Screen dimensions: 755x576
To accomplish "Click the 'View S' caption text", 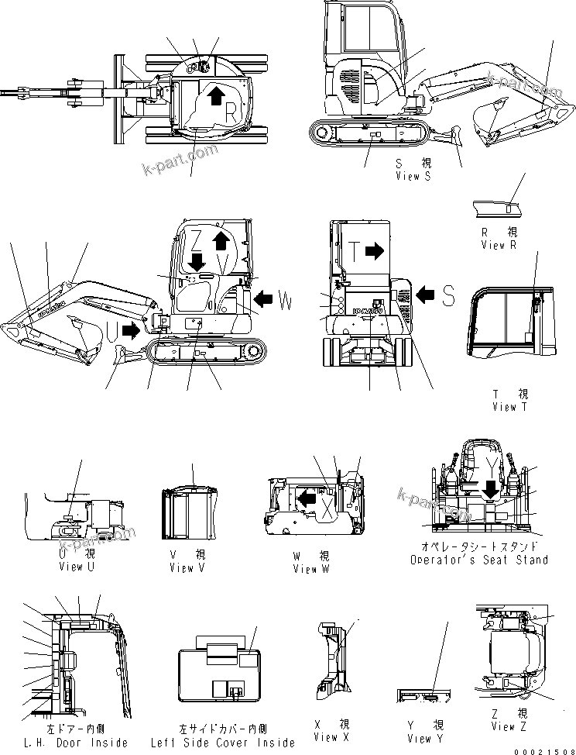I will pos(413,177).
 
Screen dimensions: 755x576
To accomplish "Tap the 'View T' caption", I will pos(509,407).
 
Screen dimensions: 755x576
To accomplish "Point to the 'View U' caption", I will pos(76,567).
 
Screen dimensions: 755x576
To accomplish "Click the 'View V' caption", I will pos(187,568).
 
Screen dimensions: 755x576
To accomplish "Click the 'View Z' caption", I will pos(509,726).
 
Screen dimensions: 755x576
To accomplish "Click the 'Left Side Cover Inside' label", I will pos(223,743).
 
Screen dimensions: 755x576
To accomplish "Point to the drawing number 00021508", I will pos(544,749).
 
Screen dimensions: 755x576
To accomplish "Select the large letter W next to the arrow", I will pos(285,302).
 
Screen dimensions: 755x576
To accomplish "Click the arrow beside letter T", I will pos(375,250).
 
